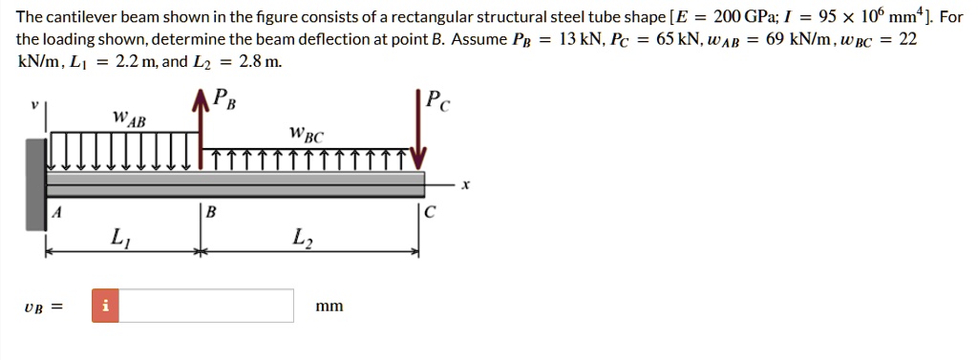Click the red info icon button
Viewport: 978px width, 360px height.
coord(106,306)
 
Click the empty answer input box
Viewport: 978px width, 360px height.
coord(206,306)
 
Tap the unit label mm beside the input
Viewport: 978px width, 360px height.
coord(330,307)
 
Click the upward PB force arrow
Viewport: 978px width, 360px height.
coord(201,124)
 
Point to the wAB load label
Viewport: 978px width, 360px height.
coord(129,119)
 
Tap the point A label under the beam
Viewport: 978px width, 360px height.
coord(56,213)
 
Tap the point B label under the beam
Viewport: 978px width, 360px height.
coord(212,213)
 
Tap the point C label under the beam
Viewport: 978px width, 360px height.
coord(431,213)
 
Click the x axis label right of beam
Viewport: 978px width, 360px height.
coord(465,186)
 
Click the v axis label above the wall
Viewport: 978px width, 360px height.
coord(33,104)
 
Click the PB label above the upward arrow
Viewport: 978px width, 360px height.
coord(223,96)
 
